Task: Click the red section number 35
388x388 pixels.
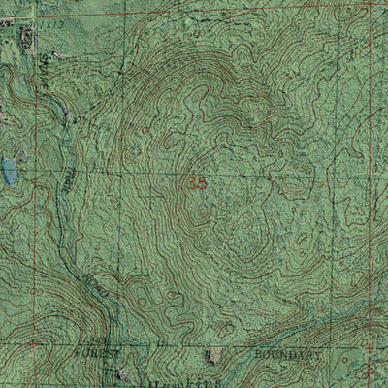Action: point(199,180)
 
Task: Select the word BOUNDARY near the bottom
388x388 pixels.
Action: point(287,356)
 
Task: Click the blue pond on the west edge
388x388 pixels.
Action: point(10,173)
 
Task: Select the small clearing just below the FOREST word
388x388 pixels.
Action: point(120,373)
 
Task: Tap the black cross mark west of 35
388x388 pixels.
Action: point(150,195)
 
